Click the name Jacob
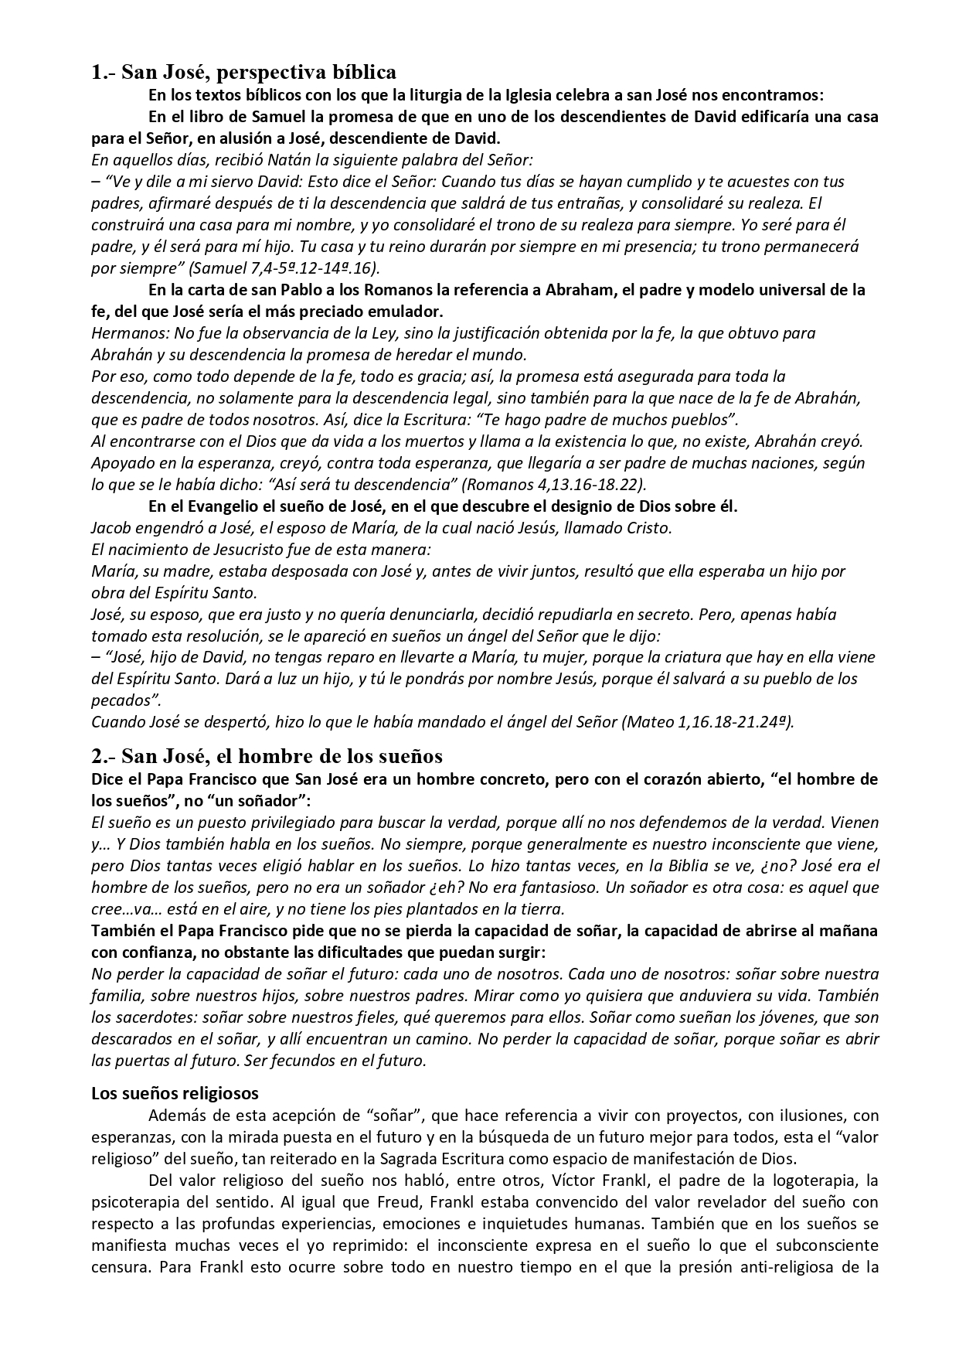[x=112, y=528]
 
